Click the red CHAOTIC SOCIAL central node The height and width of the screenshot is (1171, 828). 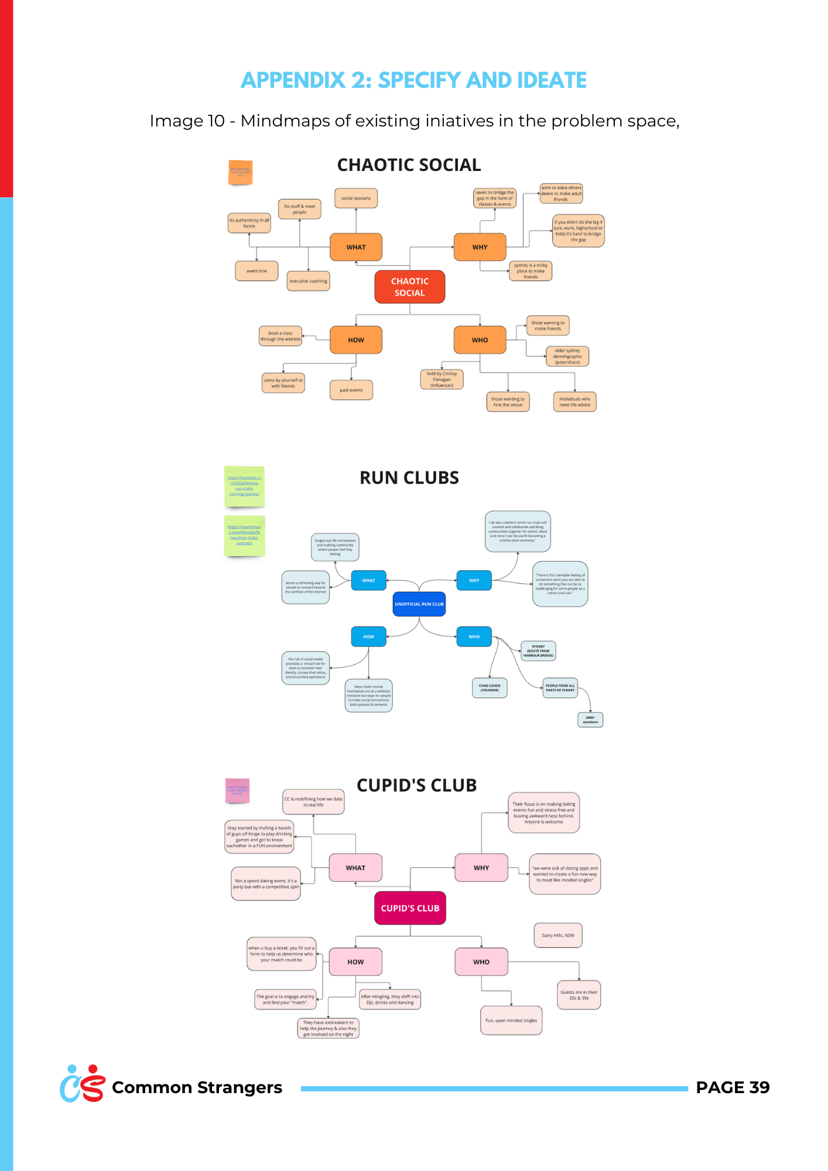pyautogui.click(x=409, y=287)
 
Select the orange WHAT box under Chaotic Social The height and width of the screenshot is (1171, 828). pyautogui.click(x=355, y=247)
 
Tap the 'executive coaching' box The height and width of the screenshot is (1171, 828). pyautogui.click(x=308, y=281)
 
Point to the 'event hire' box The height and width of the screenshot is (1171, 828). pyautogui.click(x=256, y=271)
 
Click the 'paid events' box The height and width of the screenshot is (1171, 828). pyautogui.click(x=351, y=390)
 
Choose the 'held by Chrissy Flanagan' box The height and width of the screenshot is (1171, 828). pyautogui.click(x=442, y=379)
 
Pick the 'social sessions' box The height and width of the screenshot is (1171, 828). pyautogui.click(x=356, y=198)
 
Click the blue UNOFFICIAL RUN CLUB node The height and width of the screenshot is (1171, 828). pyautogui.click(x=419, y=604)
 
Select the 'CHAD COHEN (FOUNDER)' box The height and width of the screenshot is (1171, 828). pyautogui.click(x=490, y=688)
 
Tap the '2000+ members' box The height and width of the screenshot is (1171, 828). pyautogui.click(x=590, y=720)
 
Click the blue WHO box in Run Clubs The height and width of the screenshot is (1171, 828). pyautogui.click(x=474, y=636)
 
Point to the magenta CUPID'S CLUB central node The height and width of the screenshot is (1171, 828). pyautogui.click(x=410, y=908)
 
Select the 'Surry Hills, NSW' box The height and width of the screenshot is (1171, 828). pyautogui.click(x=558, y=935)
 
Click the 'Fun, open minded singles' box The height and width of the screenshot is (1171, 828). pyautogui.click(x=511, y=1021)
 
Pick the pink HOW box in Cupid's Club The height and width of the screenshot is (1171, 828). pyautogui.click(x=355, y=962)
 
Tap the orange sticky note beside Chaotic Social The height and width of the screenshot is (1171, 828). pyautogui.click(x=240, y=172)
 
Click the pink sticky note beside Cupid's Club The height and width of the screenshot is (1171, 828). pyautogui.click(x=237, y=790)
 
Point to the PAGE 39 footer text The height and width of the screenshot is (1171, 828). pyautogui.click(x=733, y=1087)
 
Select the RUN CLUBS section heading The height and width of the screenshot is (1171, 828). pyautogui.click(x=409, y=478)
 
